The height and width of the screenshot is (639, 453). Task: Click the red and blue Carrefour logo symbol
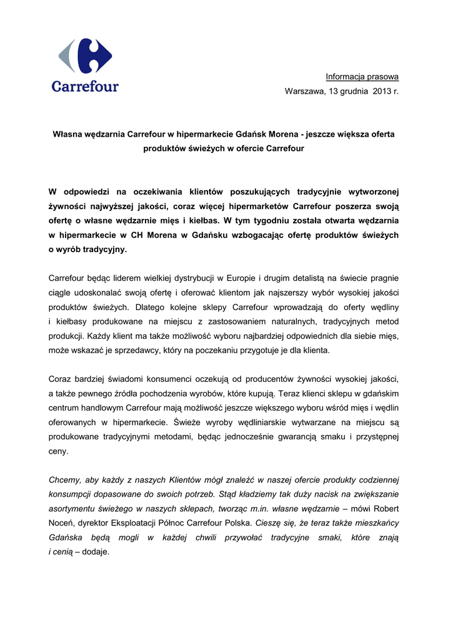(x=86, y=56)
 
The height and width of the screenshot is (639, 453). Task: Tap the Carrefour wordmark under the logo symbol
(x=85, y=86)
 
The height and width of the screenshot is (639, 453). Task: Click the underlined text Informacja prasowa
(x=362, y=77)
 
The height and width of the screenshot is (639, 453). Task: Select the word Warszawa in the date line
(x=304, y=92)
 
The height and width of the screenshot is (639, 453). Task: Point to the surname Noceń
(x=62, y=523)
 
